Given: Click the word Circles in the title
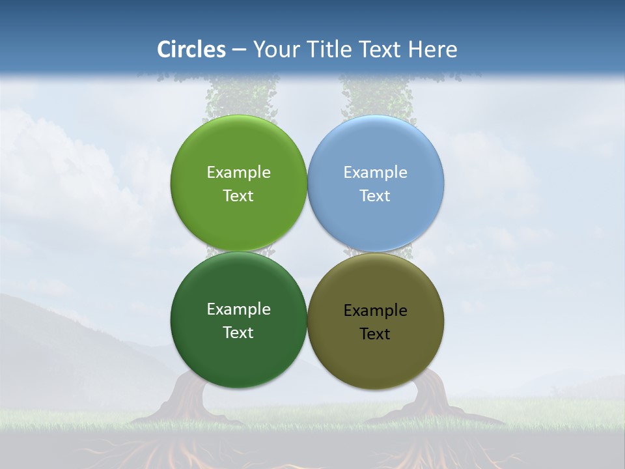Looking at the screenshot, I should (x=191, y=50).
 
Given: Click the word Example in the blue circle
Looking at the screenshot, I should (x=375, y=173).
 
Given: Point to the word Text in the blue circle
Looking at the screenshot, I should (x=375, y=196).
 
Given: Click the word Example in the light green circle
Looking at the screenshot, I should (x=238, y=173).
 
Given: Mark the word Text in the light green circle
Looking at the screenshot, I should (x=238, y=196).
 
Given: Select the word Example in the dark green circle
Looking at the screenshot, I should (x=238, y=309).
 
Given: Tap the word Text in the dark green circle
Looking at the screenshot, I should (x=238, y=333).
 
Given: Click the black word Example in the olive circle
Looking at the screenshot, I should (x=375, y=311).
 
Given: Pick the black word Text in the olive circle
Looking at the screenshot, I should (x=375, y=334).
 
